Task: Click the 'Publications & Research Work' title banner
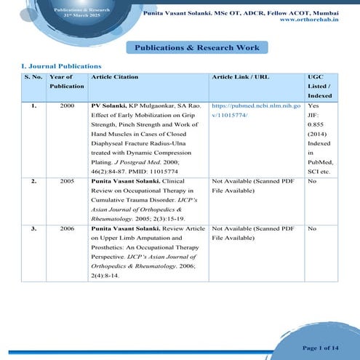[x=197, y=47]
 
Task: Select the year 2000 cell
[x=67, y=105]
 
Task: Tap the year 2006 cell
[x=67, y=228]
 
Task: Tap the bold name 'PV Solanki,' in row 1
[x=109, y=105]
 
